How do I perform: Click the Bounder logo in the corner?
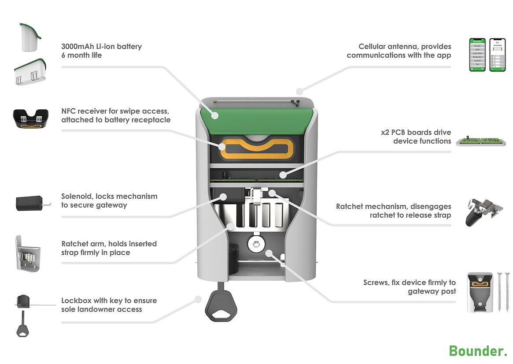coord(478,351)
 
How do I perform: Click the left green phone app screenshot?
coord(477,55)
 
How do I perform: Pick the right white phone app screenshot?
coord(498,55)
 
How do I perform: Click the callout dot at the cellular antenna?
coord(299,92)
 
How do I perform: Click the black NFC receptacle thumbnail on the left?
coord(30,118)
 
